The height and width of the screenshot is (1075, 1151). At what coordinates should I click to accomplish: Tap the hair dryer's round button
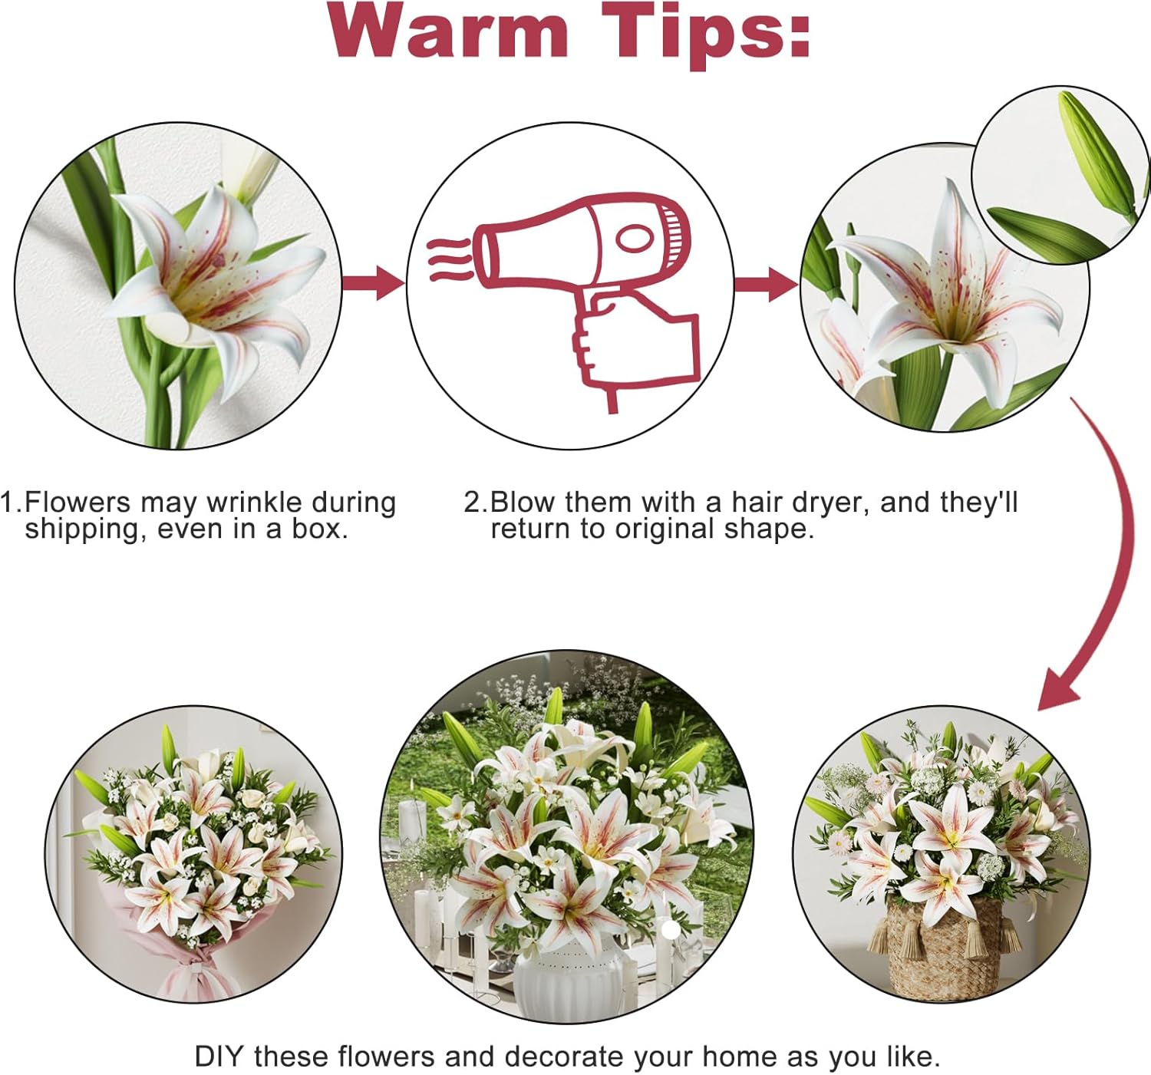635,239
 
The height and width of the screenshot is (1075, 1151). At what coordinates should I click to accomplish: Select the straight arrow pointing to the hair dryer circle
373,283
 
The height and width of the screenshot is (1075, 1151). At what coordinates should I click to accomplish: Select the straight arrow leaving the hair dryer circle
766,284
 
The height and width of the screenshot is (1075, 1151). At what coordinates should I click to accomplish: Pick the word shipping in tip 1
82,530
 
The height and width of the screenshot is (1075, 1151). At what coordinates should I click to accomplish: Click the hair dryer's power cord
612,400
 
